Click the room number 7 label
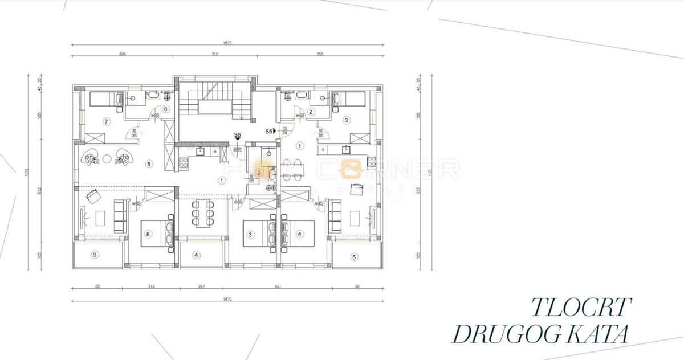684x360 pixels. [105, 121]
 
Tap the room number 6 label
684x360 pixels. [166, 109]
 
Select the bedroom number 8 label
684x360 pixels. [148, 234]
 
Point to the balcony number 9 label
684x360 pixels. [95, 255]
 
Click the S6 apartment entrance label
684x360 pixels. [237, 135]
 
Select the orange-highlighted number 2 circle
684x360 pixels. [259, 171]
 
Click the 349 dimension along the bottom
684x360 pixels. [150, 287]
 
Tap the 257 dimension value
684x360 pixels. [202, 287]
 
